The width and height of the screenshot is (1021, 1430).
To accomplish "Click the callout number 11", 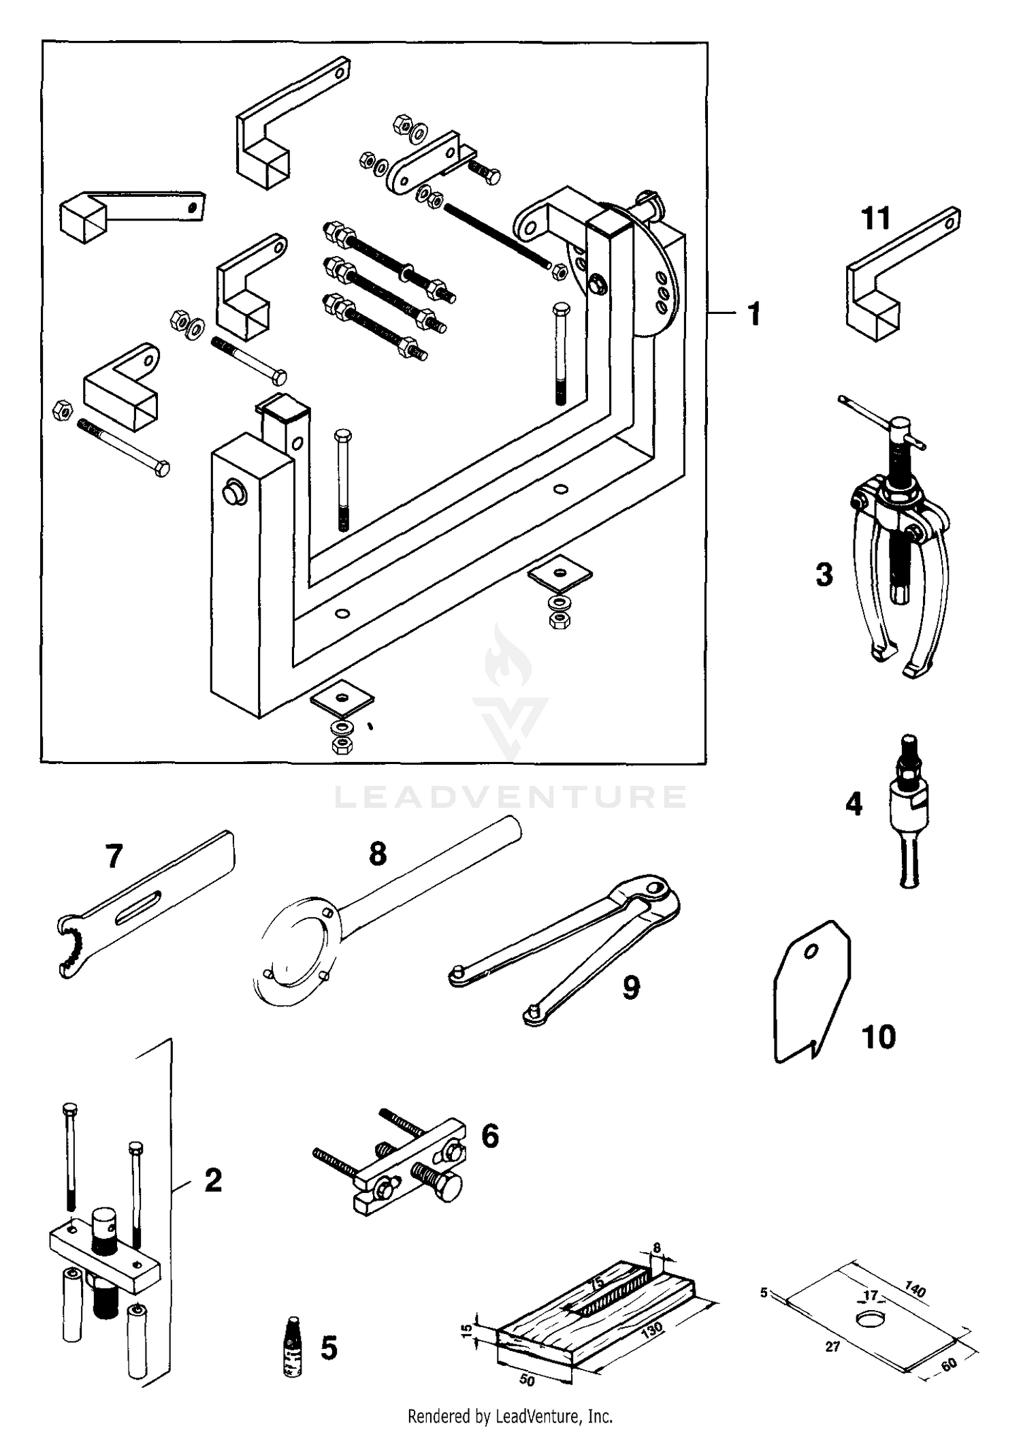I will click(x=876, y=219).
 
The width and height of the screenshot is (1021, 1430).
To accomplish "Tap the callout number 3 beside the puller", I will click(x=824, y=575).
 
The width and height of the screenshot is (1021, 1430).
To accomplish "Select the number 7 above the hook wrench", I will click(x=114, y=856).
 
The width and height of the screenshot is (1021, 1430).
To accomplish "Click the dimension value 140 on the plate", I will click(x=915, y=1290).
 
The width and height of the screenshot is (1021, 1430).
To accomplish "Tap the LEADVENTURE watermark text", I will click(x=510, y=797).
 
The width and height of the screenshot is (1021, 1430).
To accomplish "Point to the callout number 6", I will click(x=490, y=1136).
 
